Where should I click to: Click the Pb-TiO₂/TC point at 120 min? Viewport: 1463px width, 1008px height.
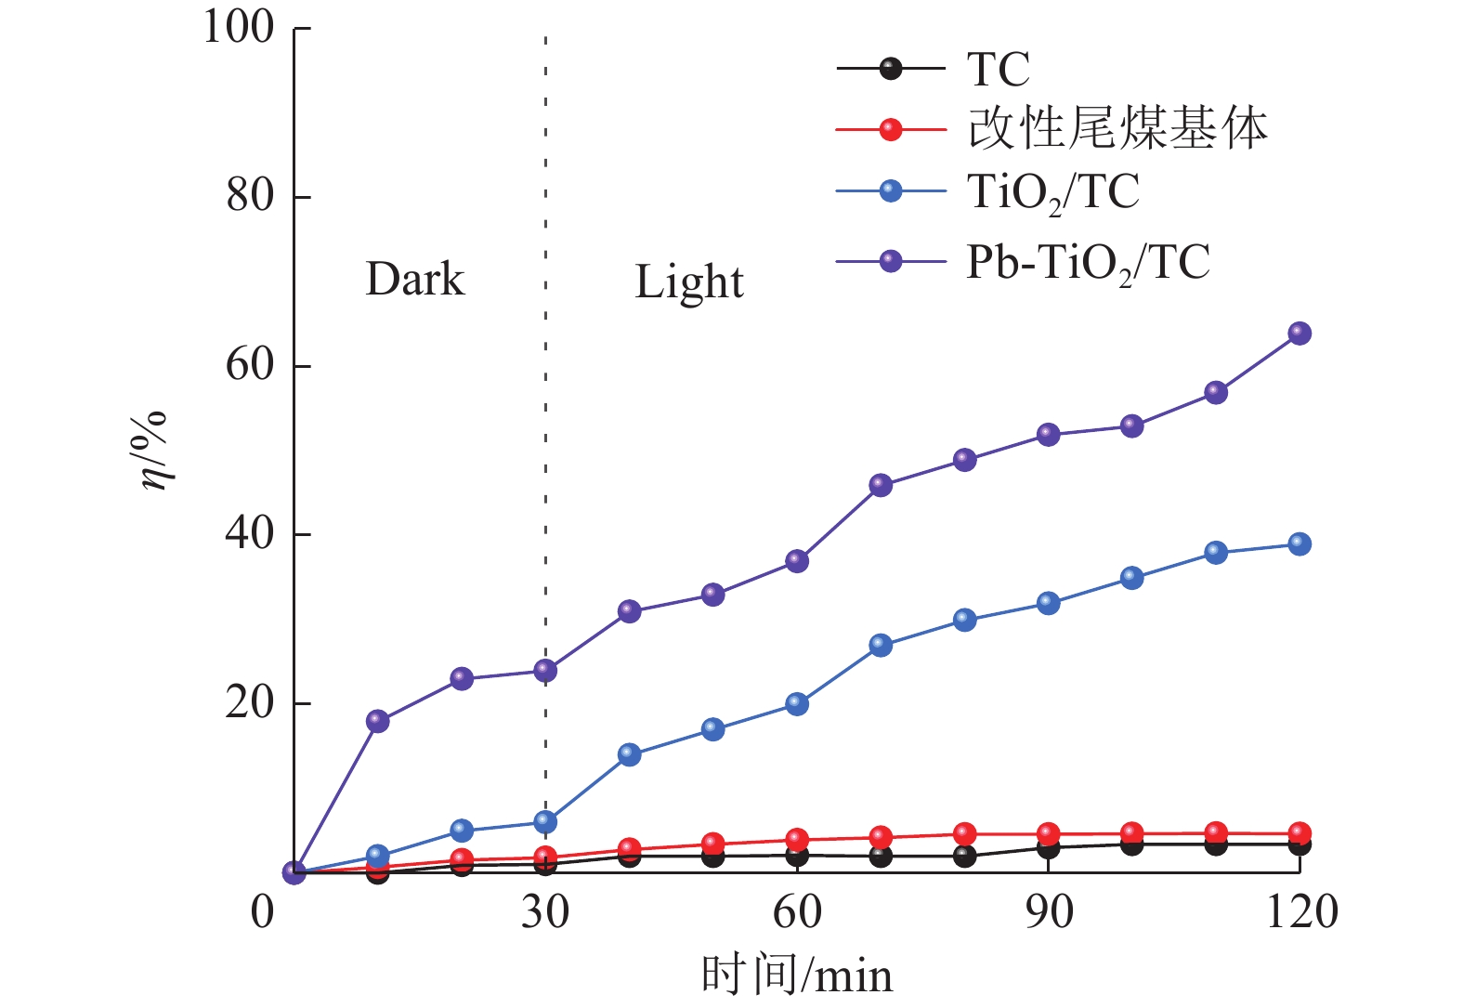(x=1299, y=333)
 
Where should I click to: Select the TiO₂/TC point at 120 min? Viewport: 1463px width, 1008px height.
(x=1299, y=543)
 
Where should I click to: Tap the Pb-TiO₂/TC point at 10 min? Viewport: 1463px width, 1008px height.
(x=377, y=720)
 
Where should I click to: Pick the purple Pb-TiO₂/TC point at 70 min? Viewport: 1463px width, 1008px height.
(x=881, y=485)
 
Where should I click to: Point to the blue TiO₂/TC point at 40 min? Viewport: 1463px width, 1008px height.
(x=629, y=753)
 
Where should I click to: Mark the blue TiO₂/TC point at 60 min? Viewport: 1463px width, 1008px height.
(x=797, y=703)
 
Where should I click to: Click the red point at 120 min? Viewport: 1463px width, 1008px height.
(x=1299, y=832)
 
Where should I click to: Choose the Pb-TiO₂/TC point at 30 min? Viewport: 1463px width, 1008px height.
(x=545, y=670)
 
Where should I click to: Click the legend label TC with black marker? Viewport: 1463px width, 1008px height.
(x=998, y=69)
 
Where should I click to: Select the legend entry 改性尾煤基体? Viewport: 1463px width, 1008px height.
(x=1117, y=128)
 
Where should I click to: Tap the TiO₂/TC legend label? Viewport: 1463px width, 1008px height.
(x=1053, y=193)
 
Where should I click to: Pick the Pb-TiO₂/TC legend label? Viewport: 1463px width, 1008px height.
(x=1089, y=263)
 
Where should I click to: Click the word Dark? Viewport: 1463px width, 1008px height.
(x=414, y=279)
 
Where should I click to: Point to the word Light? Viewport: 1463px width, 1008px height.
(x=688, y=281)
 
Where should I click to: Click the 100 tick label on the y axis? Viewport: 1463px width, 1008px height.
(x=239, y=28)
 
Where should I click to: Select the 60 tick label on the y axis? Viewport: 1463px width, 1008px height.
(x=250, y=365)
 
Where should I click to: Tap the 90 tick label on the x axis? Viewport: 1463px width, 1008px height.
(x=1049, y=912)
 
